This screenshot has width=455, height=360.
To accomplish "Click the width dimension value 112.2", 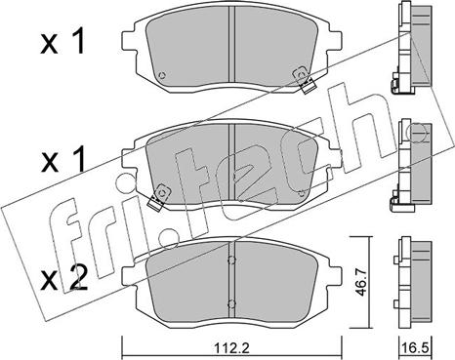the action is point(231,348).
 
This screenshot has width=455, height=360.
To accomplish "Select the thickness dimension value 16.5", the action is point(415,348).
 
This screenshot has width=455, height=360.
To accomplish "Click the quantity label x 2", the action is point(64,278).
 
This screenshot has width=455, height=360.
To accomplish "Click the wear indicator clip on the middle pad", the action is point(158,198).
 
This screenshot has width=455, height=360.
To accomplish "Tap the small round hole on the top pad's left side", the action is point(161,75).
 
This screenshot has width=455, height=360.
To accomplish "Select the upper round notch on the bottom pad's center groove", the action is point(231,260).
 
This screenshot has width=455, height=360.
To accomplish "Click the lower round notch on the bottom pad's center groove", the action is point(231,304).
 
